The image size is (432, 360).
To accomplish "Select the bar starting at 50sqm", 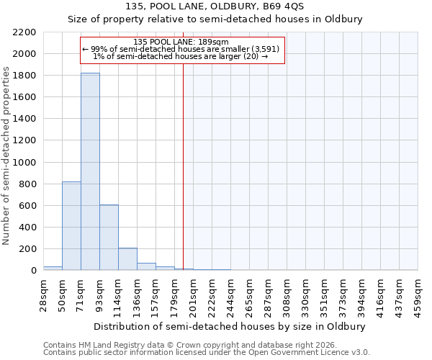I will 71,226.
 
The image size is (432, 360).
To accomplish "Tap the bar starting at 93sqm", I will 109,238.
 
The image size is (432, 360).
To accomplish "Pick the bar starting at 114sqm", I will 127,259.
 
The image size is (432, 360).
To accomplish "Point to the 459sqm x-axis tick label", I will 418,294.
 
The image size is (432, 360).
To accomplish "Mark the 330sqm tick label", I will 305,294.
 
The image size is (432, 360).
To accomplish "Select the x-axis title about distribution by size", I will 230,326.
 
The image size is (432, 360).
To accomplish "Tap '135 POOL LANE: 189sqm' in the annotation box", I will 181,42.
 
